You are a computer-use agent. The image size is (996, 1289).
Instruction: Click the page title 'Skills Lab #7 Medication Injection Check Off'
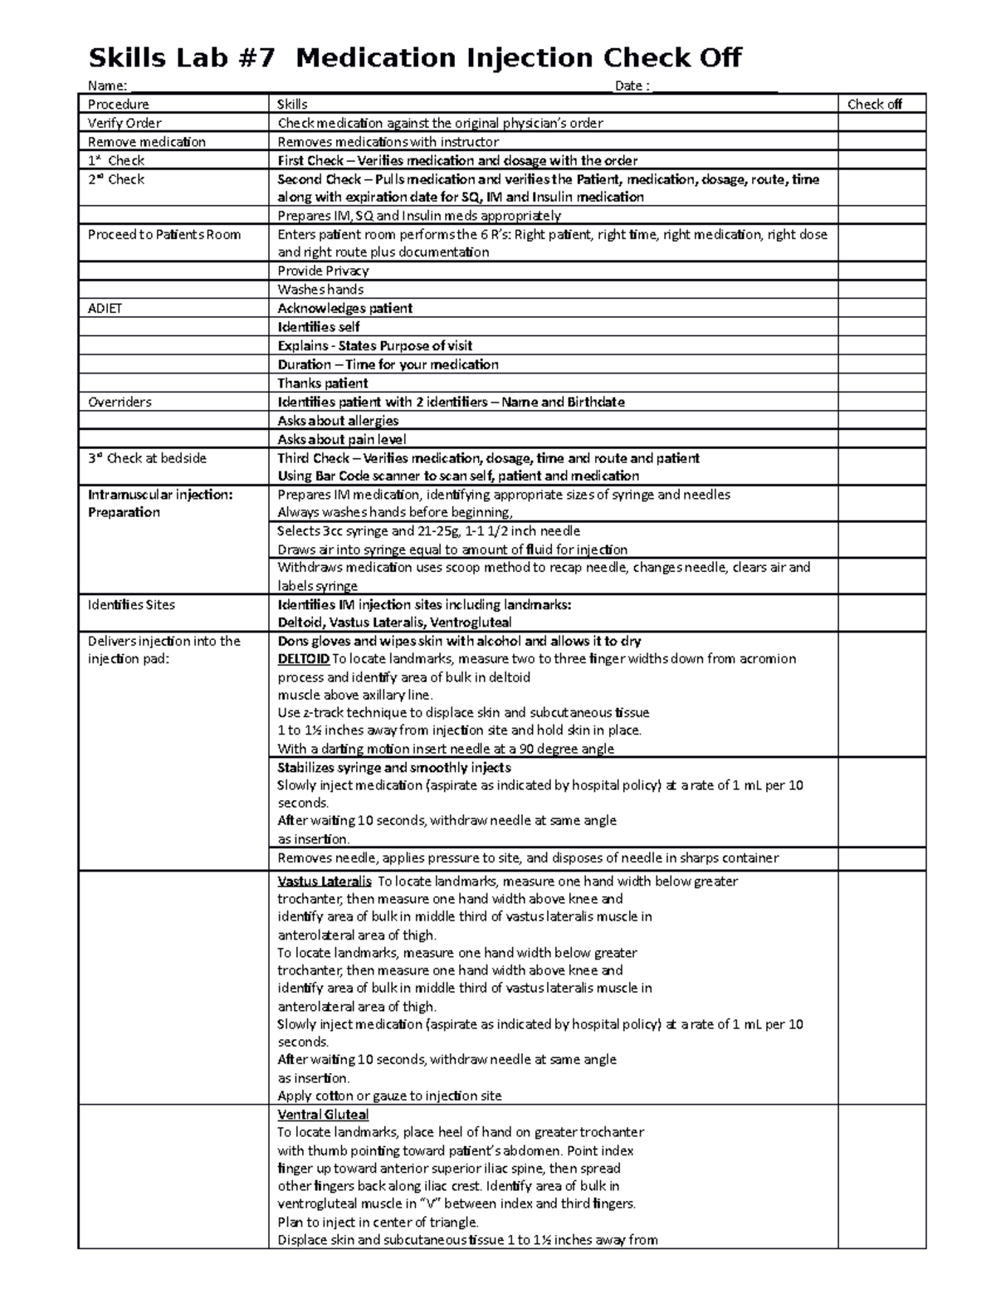415,59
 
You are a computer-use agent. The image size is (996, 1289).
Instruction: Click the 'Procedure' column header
119,105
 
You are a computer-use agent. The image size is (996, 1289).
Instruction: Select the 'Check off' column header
874,105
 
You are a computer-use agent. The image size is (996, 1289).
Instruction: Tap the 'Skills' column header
292,105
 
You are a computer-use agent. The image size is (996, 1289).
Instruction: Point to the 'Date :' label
632,85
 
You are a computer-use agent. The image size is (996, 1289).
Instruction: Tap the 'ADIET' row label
105,309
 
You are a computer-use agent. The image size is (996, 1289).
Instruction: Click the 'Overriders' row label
120,403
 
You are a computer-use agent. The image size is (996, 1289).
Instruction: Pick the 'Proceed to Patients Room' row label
164,235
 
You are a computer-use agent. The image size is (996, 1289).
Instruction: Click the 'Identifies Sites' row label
131,605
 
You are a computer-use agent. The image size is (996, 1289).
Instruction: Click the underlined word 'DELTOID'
303,659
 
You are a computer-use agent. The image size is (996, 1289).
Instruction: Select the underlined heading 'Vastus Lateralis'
324,881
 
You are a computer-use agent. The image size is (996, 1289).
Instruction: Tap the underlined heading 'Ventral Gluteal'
323,1115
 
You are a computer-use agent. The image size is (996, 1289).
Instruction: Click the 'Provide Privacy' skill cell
323,271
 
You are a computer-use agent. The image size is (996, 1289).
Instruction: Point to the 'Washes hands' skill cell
320,290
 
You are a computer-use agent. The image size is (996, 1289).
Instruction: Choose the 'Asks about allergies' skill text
338,421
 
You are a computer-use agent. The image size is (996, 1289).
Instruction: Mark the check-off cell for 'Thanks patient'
881,383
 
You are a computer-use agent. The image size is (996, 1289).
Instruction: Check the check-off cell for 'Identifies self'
881,327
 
